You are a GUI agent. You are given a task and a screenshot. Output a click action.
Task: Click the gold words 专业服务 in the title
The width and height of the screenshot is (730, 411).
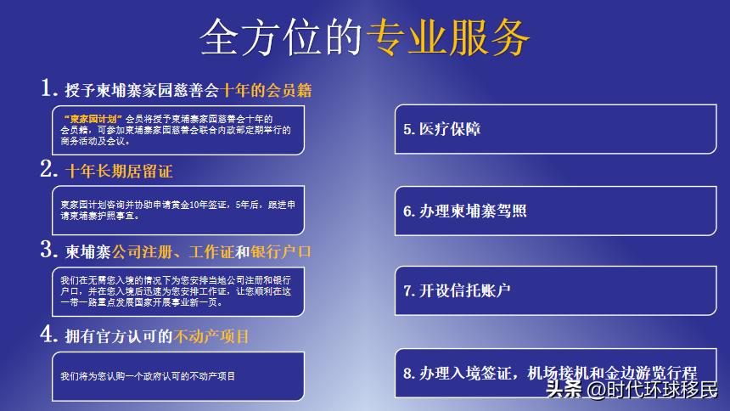pyautogui.click(x=448, y=37)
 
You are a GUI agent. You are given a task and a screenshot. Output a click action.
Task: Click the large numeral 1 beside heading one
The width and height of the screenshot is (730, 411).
pyautogui.click(x=48, y=87)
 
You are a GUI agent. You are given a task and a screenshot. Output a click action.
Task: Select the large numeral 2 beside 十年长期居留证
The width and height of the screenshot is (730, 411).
pyautogui.click(x=48, y=170)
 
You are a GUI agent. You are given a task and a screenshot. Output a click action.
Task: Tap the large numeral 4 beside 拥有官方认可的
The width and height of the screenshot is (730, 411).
pyautogui.click(x=48, y=335)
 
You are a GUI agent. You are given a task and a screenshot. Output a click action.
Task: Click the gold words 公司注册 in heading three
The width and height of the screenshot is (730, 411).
pyautogui.click(x=136, y=252)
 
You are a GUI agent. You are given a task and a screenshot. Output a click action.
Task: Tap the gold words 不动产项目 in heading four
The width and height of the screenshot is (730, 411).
pyautogui.click(x=211, y=336)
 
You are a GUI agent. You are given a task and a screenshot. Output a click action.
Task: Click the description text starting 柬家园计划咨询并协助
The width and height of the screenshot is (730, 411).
pyautogui.click(x=177, y=210)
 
